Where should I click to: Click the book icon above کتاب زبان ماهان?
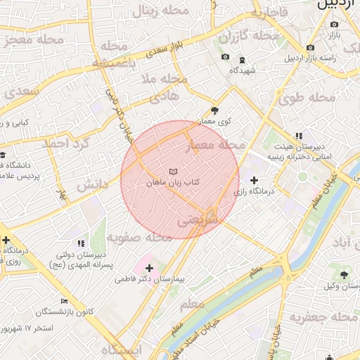[x=174, y=172]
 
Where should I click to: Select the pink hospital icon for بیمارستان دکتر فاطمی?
[x=148, y=267]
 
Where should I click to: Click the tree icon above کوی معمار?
[x=214, y=110]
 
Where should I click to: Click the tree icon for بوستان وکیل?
[x=344, y=275]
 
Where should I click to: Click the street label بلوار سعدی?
[x=164, y=50]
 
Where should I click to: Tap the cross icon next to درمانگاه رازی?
[x=253, y=181]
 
